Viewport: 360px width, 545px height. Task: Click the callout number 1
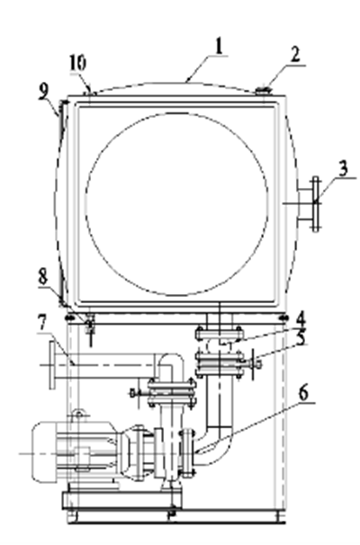pos(219,47)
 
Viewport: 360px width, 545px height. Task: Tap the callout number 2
pos(295,55)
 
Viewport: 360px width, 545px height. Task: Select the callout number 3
pos(343,169)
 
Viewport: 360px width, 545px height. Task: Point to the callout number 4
pos(301,319)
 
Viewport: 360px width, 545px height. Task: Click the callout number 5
pos(301,338)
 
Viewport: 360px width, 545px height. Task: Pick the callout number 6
pos(303,393)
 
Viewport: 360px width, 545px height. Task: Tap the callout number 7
pos(41,324)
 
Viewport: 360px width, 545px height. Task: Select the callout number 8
pos(43,277)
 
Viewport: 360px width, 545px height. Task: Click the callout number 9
pos(44,93)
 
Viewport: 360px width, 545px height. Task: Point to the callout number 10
pos(77,64)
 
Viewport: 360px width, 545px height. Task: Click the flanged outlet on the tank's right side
pos(309,204)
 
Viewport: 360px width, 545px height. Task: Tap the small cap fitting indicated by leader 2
pos(265,91)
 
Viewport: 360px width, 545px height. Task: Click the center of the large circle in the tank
pos(177,204)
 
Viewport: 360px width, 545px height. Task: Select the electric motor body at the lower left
pos(75,451)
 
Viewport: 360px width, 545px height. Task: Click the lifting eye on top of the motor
pos(79,414)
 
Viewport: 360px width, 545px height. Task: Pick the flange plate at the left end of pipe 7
pos(52,365)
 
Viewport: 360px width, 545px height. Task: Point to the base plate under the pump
pos(121,500)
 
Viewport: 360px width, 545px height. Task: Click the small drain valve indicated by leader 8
pos(90,327)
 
